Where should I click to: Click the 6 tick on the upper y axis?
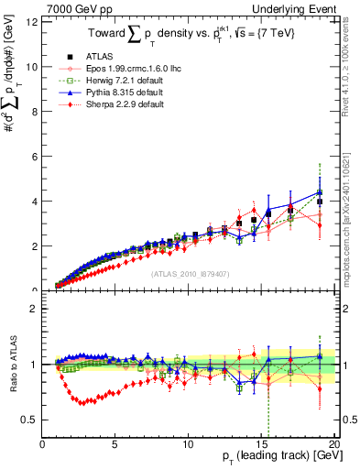(35, 157)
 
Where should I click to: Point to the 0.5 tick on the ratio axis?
(30, 420)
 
